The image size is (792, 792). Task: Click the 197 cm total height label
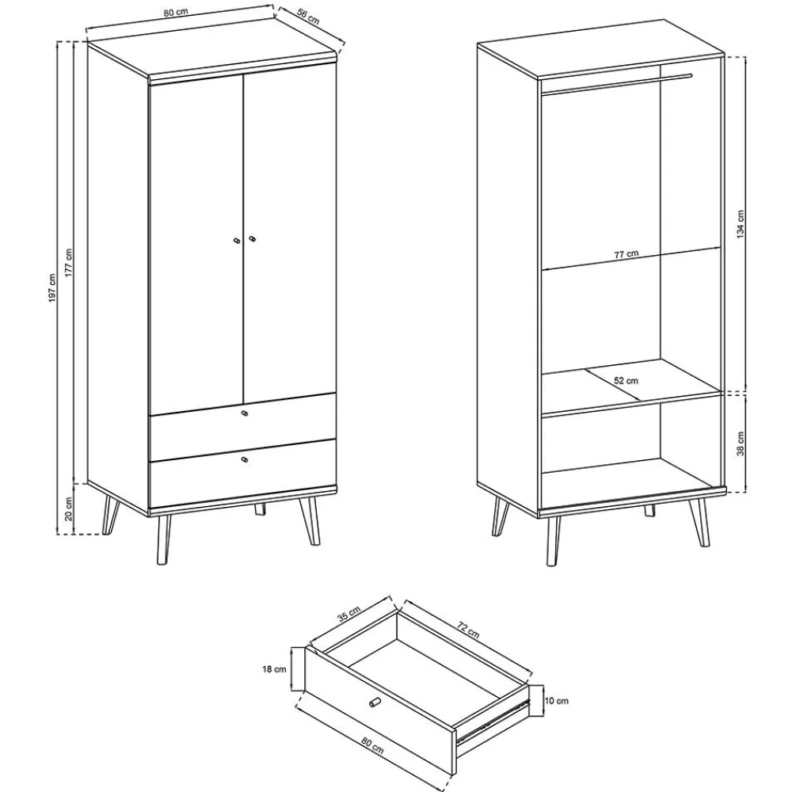pyautogui.click(x=52, y=288)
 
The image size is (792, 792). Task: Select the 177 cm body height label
pyautogui.click(x=69, y=262)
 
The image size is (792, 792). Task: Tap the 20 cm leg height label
pyautogui.click(x=69, y=508)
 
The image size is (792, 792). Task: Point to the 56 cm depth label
pyautogui.click(x=308, y=16)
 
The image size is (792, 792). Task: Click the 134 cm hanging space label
pyautogui.click(x=741, y=224)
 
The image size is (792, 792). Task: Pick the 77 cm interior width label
pyautogui.click(x=626, y=254)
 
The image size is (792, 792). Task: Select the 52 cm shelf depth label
pyautogui.click(x=626, y=380)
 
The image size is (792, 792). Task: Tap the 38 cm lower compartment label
pyautogui.click(x=741, y=444)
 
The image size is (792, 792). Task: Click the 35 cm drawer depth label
pyautogui.click(x=348, y=613)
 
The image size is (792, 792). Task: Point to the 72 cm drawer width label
pyautogui.click(x=468, y=630)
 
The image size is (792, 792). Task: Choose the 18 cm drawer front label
pyautogui.click(x=274, y=669)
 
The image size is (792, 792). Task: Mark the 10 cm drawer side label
pyautogui.click(x=557, y=701)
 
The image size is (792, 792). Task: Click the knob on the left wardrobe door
pyautogui.click(x=236, y=241)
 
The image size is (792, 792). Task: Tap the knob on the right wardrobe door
pyautogui.click(x=252, y=238)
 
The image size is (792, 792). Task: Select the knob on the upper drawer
pyautogui.click(x=245, y=413)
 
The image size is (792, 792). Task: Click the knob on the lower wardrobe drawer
pyautogui.click(x=245, y=459)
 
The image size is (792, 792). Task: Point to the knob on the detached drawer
pyautogui.click(x=375, y=703)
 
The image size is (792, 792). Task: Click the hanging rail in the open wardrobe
pyautogui.click(x=617, y=85)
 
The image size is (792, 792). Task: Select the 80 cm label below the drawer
pyautogui.click(x=373, y=745)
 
